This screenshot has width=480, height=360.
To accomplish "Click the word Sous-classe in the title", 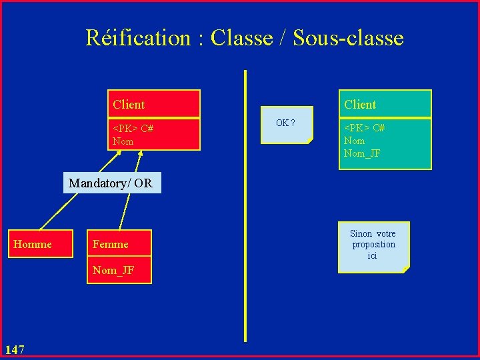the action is coord(348,38).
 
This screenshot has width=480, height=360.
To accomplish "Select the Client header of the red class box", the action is coord(129,105).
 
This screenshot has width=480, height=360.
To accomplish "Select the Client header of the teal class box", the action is coord(360,105).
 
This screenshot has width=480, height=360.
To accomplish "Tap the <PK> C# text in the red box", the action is coord(133,129).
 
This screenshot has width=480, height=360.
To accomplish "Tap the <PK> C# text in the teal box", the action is coord(364,128).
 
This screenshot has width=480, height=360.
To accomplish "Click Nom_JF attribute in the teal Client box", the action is coord(362,153).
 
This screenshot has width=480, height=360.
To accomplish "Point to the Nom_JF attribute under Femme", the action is coord(113,270).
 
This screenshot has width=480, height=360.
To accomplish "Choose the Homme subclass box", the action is coord(33,245).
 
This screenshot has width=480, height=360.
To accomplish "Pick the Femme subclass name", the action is coord(111,245).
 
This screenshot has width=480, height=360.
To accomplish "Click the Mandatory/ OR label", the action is coord(111,183).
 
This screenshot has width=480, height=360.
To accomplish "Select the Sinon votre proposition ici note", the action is coord(373,245).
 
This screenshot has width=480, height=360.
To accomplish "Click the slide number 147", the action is coord(15,349).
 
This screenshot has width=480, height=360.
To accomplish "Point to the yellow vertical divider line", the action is coord(245,213).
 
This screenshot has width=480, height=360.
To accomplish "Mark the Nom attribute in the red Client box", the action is coord(123,141).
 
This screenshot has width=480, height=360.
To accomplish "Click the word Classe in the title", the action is coord(241,38).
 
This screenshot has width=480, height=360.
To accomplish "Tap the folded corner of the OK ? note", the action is coord(309,141).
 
